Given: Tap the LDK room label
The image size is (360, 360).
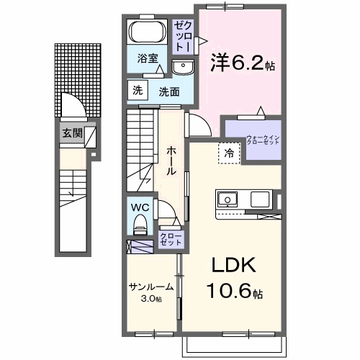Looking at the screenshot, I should coord(233,266).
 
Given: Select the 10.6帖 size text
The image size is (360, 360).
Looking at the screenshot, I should coord(237,294).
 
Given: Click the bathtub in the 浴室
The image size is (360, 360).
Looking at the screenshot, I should coord(148,33).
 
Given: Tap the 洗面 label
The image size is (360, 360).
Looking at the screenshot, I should coord(169,91).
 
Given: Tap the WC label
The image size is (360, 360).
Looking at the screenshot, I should coord(140,206).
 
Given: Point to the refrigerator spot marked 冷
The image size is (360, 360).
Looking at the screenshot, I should coord(228,153).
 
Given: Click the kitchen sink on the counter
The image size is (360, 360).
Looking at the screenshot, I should coord(228,199).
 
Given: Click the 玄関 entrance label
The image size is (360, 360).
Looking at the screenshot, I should coord(71,132).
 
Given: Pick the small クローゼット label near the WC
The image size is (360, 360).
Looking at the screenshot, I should coord(171,239).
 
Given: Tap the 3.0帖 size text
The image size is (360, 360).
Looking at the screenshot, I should coord(151,298).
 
